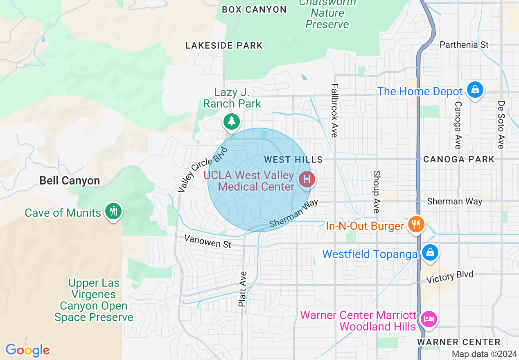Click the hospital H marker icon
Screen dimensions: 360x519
pos(306,179)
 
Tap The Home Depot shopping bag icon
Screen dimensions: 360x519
pos(475,89)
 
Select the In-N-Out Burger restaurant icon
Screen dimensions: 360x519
pos(416,224)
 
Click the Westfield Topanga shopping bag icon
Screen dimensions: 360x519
pos(430,252)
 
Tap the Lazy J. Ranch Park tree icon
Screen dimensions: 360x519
pos(232,121)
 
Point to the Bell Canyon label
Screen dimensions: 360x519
pos(70,180)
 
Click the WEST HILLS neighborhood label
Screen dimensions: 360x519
pos(293,160)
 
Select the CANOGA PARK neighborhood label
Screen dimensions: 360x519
pos(459,159)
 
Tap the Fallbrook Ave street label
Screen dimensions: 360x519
pos(334,110)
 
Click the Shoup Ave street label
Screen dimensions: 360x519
pos(376,191)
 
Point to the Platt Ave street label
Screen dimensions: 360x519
pos(243,289)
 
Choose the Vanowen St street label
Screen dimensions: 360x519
pos(208,241)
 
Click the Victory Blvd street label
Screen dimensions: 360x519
pos(449,277)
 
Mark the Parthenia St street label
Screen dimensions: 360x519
pos(464,45)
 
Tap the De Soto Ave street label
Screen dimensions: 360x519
pos(501,125)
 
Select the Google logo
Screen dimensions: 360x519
pos(27,350)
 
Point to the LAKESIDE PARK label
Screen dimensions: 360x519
pos(224,45)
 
